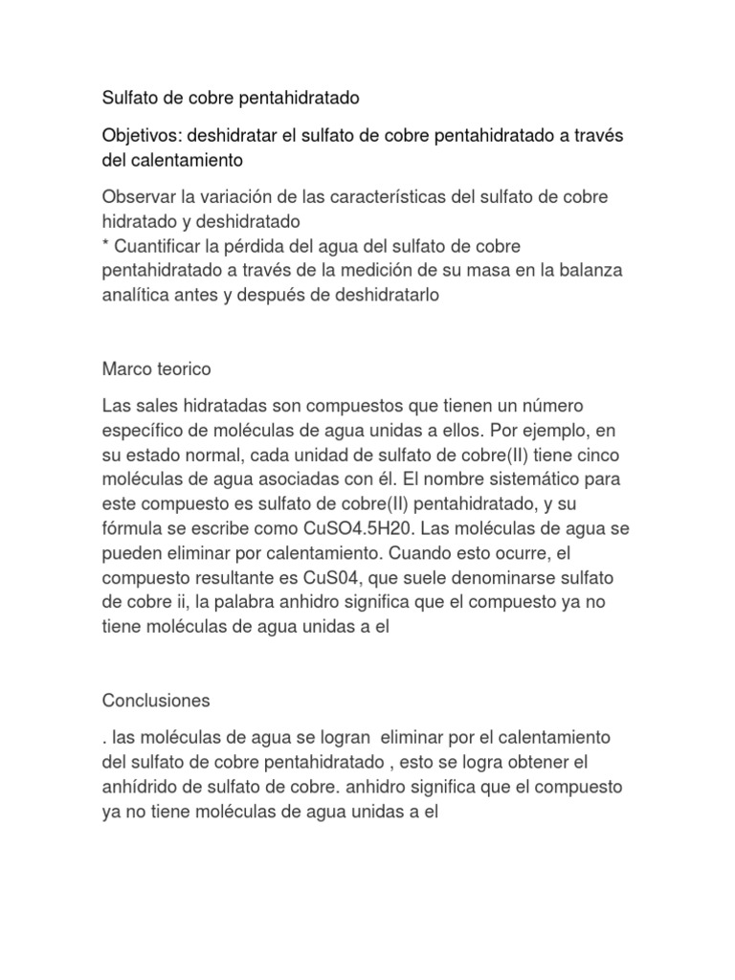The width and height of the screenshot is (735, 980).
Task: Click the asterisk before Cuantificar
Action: pyautogui.click(x=105, y=246)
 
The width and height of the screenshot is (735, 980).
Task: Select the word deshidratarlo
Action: pyautogui.click(x=382, y=296)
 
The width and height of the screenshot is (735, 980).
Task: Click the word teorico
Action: pyautogui.click(x=183, y=368)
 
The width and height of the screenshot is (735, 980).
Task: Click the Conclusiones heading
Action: pyautogui.click(x=156, y=702)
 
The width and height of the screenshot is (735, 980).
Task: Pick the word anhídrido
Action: pyautogui.click(x=141, y=788)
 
